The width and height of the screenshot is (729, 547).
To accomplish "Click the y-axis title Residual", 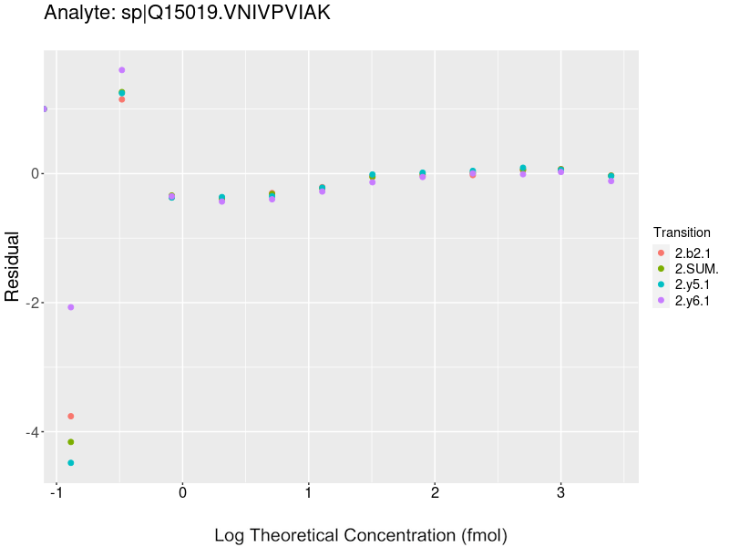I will click(x=13, y=265).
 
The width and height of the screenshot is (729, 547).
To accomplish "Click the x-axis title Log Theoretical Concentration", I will click(x=360, y=535).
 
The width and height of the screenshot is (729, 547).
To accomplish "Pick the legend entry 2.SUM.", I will click(x=696, y=268).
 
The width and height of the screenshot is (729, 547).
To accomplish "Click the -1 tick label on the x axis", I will click(x=56, y=493).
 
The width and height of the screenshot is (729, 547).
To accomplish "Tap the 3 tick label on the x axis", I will click(x=560, y=493).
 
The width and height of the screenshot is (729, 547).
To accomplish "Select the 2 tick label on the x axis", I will click(x=435, y=493).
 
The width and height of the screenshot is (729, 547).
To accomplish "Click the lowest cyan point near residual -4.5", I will click(x=71, y=463).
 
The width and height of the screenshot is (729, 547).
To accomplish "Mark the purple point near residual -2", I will click(x=71, y=307).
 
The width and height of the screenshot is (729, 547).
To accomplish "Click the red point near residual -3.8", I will click(x=71, y=417).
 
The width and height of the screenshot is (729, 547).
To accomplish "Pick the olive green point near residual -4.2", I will click(x=71, y=442).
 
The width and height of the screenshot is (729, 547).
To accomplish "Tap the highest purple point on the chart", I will click(x=121, y=70).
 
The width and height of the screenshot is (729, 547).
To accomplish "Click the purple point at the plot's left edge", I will click(x=45, y=108).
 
